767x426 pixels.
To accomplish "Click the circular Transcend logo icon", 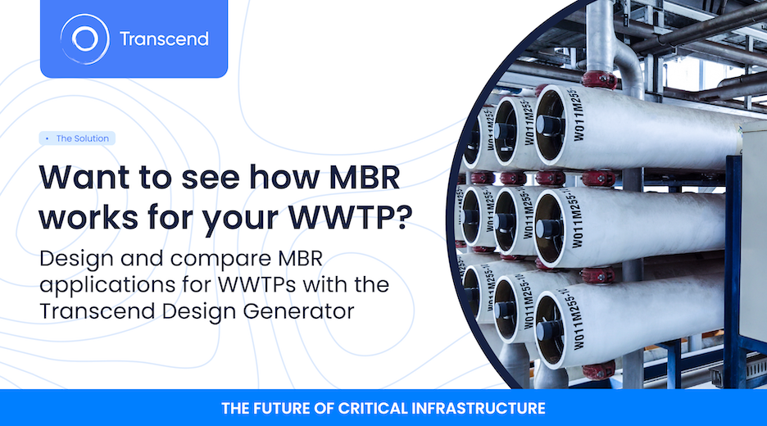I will [x=84, y=39].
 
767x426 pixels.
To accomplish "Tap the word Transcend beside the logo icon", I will [x=164, y=39].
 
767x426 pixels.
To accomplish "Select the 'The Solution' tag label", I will [x=82, y=138].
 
